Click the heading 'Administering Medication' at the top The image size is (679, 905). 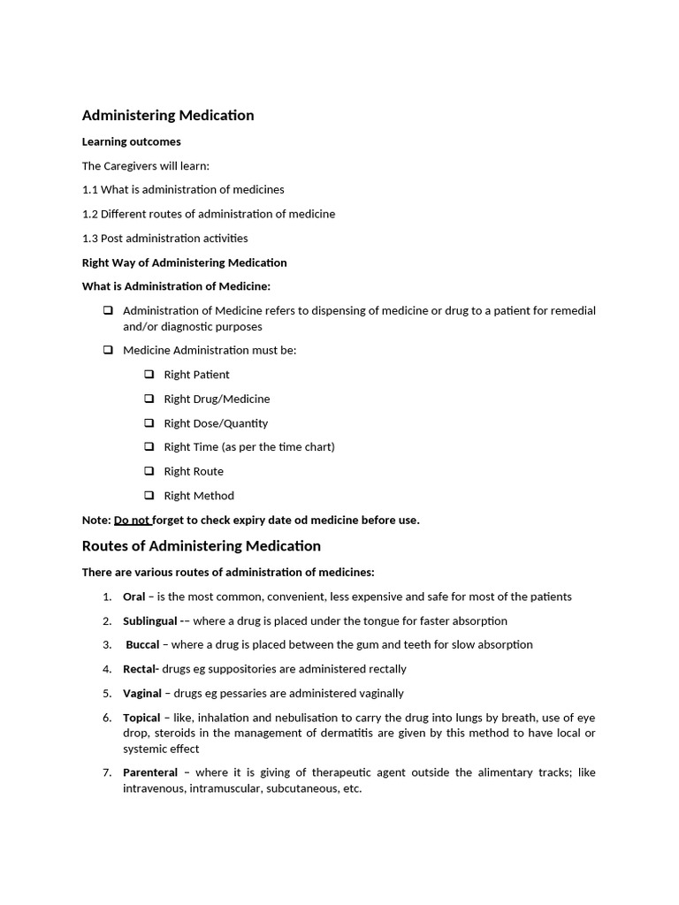(x=168, y=116)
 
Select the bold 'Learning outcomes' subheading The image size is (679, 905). (x=131, y=141)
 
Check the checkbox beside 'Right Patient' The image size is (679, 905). (x=149, y=375)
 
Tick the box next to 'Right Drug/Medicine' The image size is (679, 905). (x=149, y=399)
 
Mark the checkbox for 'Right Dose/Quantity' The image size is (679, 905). (x=149, y=422)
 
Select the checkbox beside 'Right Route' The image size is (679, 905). (x=149, y=471)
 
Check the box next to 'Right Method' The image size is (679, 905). (x=149, y=495)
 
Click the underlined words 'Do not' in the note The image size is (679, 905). (x=132, y=520)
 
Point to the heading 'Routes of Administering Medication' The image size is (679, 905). (x=202, y=546)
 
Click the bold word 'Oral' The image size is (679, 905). (x=134, y=597)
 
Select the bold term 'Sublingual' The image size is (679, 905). (x=150, y=621)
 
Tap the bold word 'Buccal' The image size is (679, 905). (x=142, y=645)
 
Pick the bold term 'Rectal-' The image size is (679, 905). (x=141, y=669)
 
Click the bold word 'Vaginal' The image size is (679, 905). (x=142, y=693)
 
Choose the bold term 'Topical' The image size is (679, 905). (x=141, y=718)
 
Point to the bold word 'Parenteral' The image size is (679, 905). (x=150, y=772)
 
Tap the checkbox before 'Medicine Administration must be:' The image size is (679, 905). (x=108, y=350)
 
